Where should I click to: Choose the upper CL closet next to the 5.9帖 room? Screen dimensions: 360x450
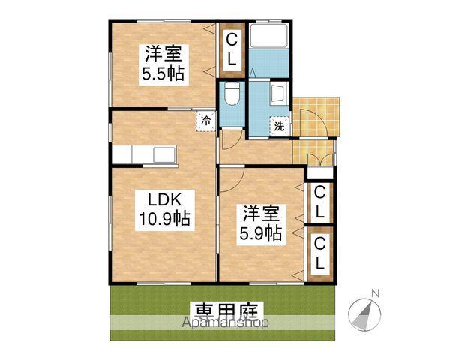tap(319, 202)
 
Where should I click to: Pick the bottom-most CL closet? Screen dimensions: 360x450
tap(319, 253)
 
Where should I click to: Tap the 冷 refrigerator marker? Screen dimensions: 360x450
tap(205, 119)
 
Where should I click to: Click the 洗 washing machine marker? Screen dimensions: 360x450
tap(279, 127)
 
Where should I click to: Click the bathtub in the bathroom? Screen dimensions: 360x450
tap(271, 47)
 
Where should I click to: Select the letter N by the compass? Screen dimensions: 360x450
tap(377, 292)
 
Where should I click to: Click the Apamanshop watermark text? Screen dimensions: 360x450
tap(225, 323)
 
